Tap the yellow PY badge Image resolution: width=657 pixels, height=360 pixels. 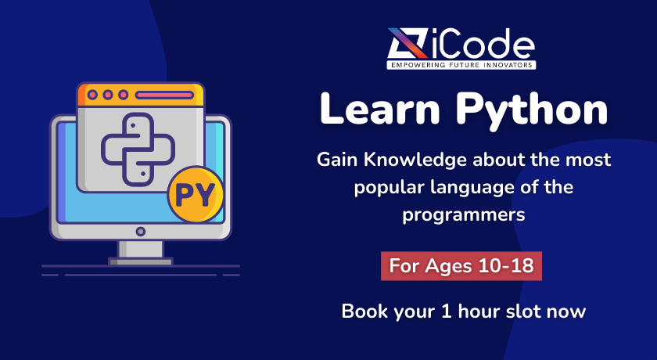tap(196, 195)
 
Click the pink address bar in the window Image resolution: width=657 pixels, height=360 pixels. tap(164, 95)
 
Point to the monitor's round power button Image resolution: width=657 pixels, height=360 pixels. tap(141, 232)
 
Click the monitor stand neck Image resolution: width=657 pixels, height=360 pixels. tap(141, 249)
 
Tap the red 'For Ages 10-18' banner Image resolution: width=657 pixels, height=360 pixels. tap(462, 266)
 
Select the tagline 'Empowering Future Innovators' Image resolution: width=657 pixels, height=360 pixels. tap(462, 65)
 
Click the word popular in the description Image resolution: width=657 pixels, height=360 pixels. tap(384, 187)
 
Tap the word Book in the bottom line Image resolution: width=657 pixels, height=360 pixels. tap(362, 311)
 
